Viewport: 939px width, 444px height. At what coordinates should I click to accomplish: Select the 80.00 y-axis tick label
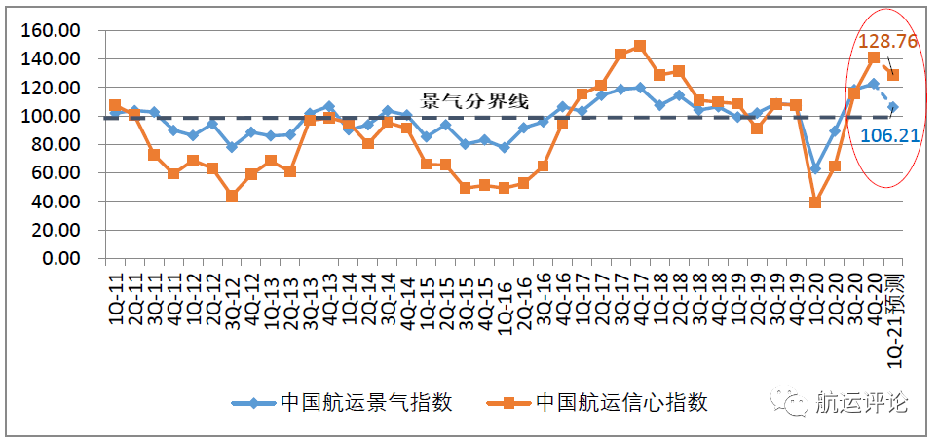coord(56,145)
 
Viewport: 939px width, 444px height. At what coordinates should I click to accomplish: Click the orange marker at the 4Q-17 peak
coord(640,46)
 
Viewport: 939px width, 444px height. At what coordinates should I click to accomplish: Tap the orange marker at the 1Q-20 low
coord(815,203)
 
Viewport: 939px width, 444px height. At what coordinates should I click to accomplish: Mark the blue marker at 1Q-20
coord(815,168)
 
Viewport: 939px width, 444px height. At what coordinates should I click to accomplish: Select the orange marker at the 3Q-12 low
coord(232,196)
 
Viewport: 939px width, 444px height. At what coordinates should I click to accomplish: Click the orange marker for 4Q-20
coord(874,58)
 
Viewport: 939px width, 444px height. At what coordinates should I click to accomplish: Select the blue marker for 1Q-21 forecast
coord(893,107)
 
